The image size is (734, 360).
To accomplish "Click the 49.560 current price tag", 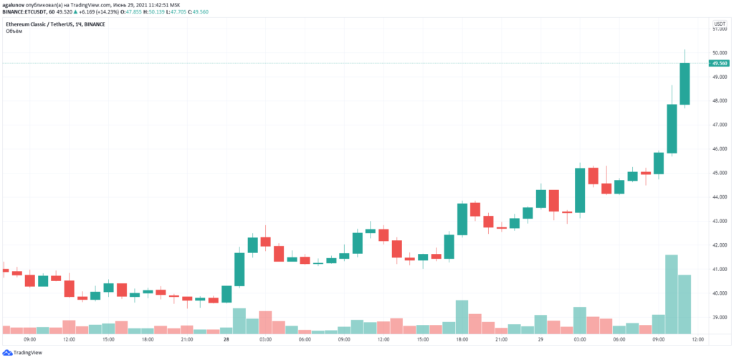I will coord(719,63).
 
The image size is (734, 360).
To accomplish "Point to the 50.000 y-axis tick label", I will coord(718,53).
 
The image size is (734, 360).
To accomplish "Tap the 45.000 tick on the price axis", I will coord(718,173).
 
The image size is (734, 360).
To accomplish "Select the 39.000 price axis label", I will coord(718,317).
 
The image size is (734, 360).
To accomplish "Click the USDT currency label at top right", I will coord(719,25).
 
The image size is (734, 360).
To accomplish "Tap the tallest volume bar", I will coord(672,294).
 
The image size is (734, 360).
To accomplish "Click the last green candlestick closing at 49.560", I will coord(685,84).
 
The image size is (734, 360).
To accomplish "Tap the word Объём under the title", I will coord(14,32).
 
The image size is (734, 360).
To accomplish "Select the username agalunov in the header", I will coord(14,5).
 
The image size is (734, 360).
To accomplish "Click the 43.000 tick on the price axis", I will coord(718,221).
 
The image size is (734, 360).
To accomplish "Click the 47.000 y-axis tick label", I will coord(718,125).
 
